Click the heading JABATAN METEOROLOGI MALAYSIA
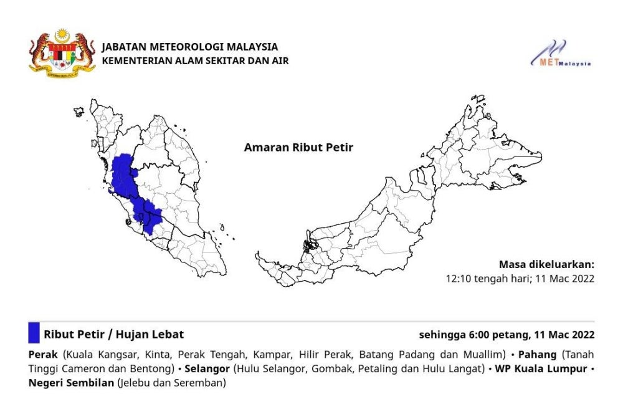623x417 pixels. click(x=189, y=47)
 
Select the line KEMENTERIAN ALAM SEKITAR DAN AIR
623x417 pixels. click(x=195, y=60)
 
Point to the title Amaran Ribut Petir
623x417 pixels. click(x=298, y=148)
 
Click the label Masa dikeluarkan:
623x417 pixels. click(x=547, y=264)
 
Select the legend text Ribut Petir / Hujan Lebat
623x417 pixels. click(x=113, y=335)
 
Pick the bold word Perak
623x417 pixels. click(x=43, y=354)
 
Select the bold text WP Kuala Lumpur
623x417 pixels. click(x=541, y=368)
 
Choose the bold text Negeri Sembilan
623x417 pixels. click(x=71, y=383)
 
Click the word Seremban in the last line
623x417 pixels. click(x=201, y=383)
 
